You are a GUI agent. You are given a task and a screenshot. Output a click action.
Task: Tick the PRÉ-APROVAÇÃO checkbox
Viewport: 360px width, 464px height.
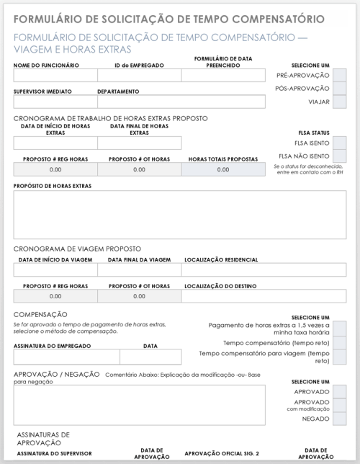[x=340, y=75]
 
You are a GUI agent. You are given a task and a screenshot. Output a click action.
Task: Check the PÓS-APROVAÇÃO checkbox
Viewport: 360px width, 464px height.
[x=340, y=89]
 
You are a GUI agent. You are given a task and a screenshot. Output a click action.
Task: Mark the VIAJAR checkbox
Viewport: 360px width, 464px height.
[x=340, y=102]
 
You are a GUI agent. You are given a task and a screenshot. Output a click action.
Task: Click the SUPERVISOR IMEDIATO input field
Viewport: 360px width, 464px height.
[x=55, y=102]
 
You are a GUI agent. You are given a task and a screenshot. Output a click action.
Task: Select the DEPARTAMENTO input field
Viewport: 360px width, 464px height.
[x=181, y=102]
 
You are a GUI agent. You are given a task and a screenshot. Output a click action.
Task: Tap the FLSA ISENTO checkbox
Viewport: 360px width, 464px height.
[x=340, y=143]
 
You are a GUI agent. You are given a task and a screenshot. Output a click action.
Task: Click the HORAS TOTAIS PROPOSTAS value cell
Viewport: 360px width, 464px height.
[x=223, y=169]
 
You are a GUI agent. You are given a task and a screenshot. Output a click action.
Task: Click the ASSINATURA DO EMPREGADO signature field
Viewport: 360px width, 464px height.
[x=66, y=357]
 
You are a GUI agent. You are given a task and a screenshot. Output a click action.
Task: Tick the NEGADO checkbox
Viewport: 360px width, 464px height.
[x=340, y=419]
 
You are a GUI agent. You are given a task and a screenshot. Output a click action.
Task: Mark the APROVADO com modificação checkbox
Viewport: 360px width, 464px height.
[x=340, y=405]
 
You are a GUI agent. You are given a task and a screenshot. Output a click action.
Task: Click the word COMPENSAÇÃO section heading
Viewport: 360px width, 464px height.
[x=40, y=315]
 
